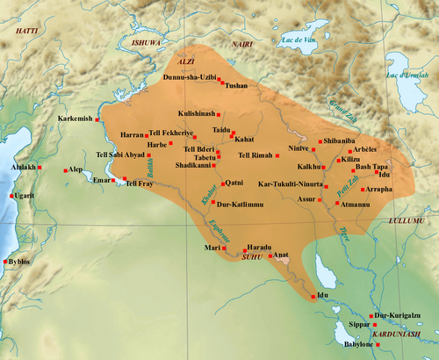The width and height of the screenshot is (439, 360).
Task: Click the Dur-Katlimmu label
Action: tap(238, 203)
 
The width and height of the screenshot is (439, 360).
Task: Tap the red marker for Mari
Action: tap(225, 248)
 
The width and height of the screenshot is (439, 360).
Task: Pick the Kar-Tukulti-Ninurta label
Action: tap(289, 185)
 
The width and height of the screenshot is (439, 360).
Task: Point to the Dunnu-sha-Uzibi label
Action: tap(193, 76)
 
